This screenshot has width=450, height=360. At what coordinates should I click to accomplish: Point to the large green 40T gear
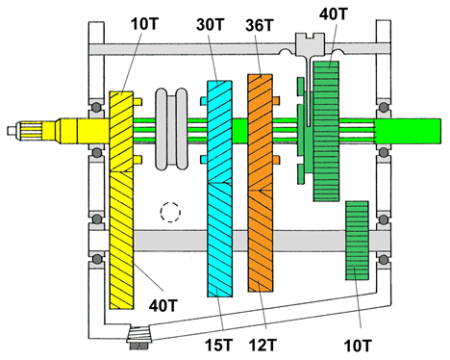pos(328,131)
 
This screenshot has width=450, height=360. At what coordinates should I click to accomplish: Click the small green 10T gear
pos(358,241)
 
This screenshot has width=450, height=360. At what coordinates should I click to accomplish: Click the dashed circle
pos(171,210)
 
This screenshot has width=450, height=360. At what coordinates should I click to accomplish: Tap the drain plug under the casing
pos(141,338)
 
